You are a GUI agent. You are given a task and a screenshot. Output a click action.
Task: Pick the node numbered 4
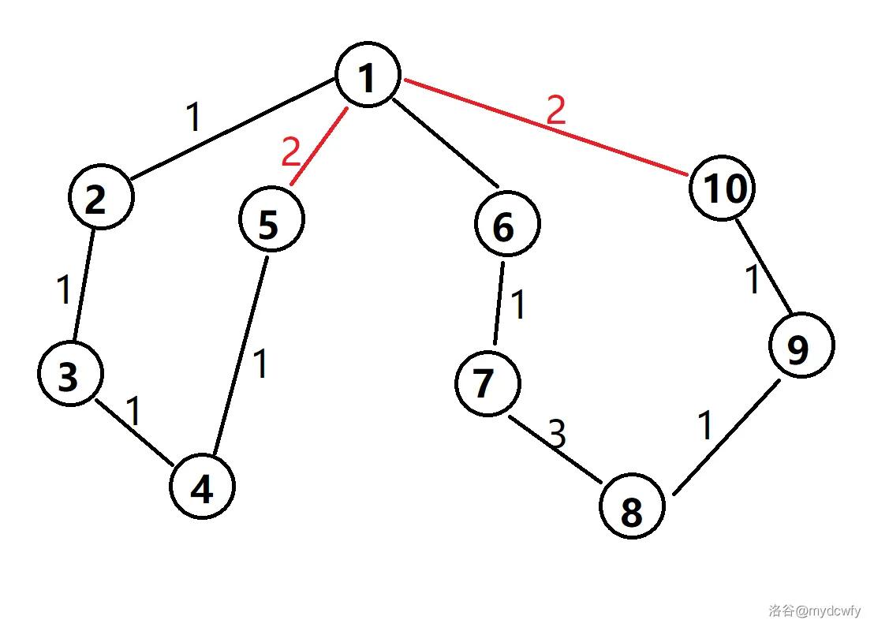point(203,487)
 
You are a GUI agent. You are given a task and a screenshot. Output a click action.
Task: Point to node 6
point(507,225)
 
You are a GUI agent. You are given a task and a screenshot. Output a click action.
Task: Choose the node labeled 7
point(487,383)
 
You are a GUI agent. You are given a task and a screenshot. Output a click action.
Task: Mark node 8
point(632,509)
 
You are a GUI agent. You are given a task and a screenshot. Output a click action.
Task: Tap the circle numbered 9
point(801,345)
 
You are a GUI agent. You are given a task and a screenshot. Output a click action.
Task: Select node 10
point(723,188)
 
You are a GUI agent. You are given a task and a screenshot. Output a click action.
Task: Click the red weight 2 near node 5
point(292,151)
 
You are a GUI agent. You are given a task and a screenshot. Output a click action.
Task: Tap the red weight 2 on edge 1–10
point(555,110)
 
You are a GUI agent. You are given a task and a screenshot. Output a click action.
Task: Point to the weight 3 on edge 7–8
point(557,433)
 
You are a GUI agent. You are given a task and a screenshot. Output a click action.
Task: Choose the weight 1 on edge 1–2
point(194,118)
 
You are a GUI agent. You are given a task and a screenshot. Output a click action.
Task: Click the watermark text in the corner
point(813,610)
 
